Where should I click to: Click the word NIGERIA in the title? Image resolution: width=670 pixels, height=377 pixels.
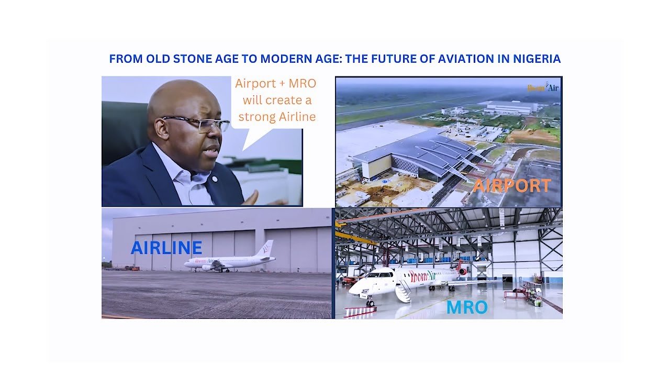[x=537, y=59]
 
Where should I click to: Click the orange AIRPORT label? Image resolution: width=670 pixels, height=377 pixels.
[x=512, y=185]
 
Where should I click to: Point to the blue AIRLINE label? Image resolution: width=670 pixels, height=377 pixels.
[x=166, y=248]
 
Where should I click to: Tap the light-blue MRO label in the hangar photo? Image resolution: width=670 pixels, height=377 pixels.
[x=467, y=307]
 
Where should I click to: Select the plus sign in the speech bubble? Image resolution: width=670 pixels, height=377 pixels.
[x=282, y=84]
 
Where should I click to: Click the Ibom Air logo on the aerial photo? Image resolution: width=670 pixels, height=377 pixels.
[x=543, y=87]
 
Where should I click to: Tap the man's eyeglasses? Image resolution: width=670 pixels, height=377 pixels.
[x=197, y=123]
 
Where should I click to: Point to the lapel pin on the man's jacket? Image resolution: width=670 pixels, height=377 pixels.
[x=215, y=179]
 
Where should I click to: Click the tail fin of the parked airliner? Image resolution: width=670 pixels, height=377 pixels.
[x=266, y=248]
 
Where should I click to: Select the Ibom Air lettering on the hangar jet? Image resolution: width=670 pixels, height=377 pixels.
[x=424, y=275]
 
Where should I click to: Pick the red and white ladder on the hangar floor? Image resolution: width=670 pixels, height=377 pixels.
[x=360, y=312]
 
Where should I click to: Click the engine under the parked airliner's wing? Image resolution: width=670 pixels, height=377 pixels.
[x=207, y=268]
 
